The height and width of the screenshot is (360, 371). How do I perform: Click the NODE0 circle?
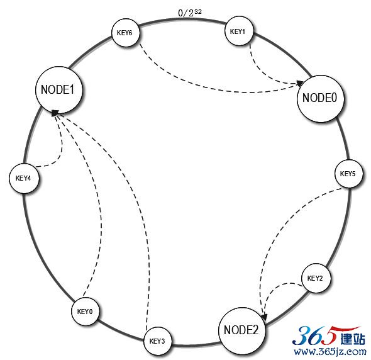coord(320,99)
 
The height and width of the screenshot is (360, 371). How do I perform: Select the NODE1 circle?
coord(59,90)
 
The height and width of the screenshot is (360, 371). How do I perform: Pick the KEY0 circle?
coord(85,311)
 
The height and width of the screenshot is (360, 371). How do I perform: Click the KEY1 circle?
coord(238,31)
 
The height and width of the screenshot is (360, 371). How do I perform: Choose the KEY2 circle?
coord(316,278)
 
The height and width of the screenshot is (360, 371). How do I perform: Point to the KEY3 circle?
coord(158,341)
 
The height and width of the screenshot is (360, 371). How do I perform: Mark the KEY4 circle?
coord(23,178)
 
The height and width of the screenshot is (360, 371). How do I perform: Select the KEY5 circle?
coord(348,174)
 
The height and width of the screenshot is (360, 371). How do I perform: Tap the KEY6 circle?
coord(125,33)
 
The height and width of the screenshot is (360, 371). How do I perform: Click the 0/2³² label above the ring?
coord(190,13)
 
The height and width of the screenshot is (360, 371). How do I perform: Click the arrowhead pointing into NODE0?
coord(300,83)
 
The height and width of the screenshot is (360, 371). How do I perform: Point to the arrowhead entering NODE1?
coord(55,113)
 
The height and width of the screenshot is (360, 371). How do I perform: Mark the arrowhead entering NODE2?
coord(265,317)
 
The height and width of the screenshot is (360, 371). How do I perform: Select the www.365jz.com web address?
coord(330,351)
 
